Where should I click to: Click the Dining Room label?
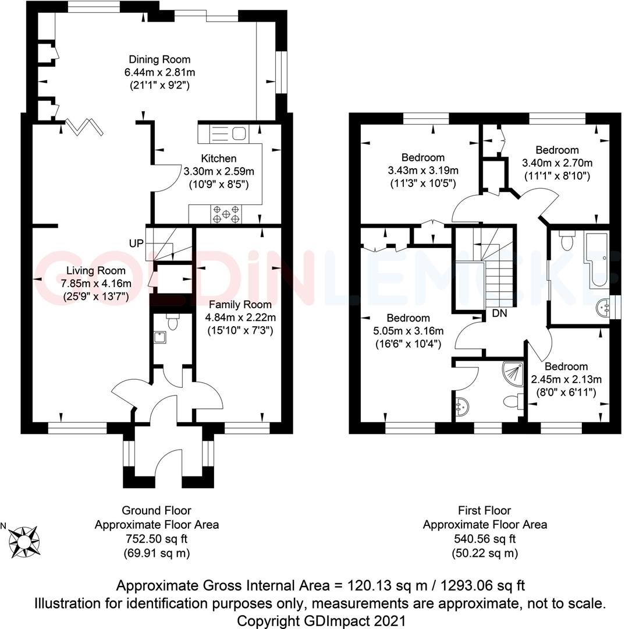click(x=159, y=59)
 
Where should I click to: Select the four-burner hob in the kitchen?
click(x=226, y=214)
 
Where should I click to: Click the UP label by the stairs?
click(x=137, y=243)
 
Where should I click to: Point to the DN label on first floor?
click(x=499, y=313)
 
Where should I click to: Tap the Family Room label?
click(x=240, y=305)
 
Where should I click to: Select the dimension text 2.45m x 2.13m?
click(x=566, y=379)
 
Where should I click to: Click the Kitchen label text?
click(x=219, y=158)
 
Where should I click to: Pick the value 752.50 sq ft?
click(x=157, y=539)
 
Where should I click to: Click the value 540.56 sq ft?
click(x=485, y=539)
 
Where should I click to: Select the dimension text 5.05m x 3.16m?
click(x=409, y=331)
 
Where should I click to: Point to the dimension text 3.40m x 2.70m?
click(x=557, y=162)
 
